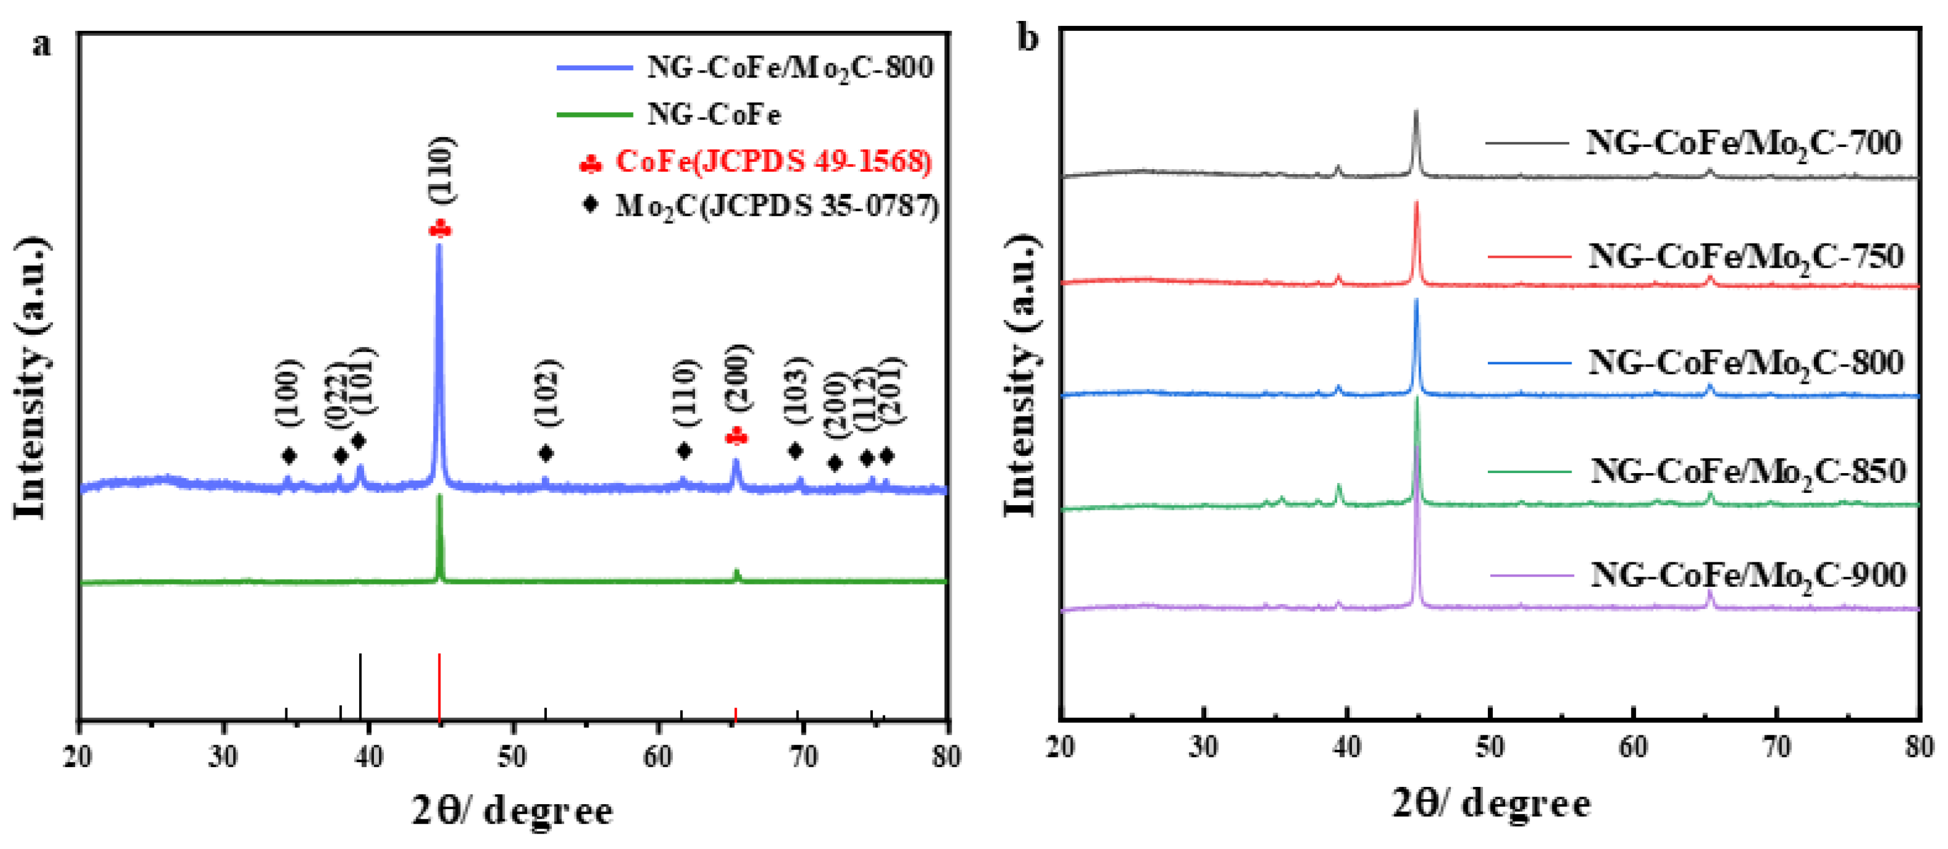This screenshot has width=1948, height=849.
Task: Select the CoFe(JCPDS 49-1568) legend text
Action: (x=773, y=161)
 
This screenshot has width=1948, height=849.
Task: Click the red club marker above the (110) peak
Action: (x=439, y=228)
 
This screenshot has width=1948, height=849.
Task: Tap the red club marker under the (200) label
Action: (x=736, y=437)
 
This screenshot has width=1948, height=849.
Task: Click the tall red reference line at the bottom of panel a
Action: (x=439, y=685)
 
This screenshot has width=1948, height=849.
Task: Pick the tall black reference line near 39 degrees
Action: (x=360, y=685)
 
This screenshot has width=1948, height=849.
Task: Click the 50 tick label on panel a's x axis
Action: (x=514, y=756)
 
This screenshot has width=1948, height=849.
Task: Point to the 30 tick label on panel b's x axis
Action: (x=1204, y=747)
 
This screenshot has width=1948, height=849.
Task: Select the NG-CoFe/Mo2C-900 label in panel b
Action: (x=1747, y=576)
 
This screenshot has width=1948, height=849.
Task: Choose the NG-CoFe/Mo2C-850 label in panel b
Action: (x=1747, y=472)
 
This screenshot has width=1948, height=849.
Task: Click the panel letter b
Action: (x=1028, y=38)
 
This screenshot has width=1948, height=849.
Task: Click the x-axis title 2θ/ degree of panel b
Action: (x=1490, y=803)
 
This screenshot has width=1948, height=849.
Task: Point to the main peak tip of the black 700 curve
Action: (x=1415, y=112)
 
